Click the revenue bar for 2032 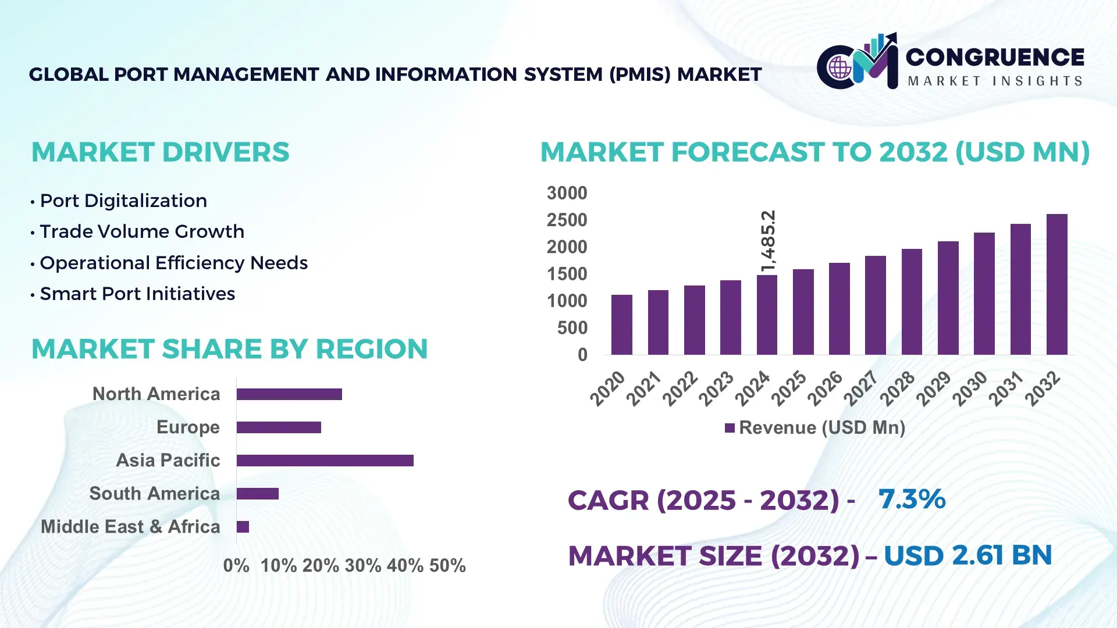click(1056, 285)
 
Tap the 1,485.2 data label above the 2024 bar click(768, 241)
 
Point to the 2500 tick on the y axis click(567, 220)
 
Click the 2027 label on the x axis click(861, 388)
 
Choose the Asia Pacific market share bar click(325, 461)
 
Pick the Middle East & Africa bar click(243, 527)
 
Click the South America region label click(154, 494)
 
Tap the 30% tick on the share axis click(363, 566)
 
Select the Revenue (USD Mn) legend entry click(814, 428)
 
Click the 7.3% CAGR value click(912, 499)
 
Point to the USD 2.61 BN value click(967, 555)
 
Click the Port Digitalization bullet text click(123, 201)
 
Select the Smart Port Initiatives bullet click(137, 294)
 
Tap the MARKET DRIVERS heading click(160, 152)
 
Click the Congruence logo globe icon click(839, 67)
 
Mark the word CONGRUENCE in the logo click(995, 57)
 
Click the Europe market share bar click(279, 427)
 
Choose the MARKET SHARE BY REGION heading click(229, 349)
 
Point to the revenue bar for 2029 click(948, 298)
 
